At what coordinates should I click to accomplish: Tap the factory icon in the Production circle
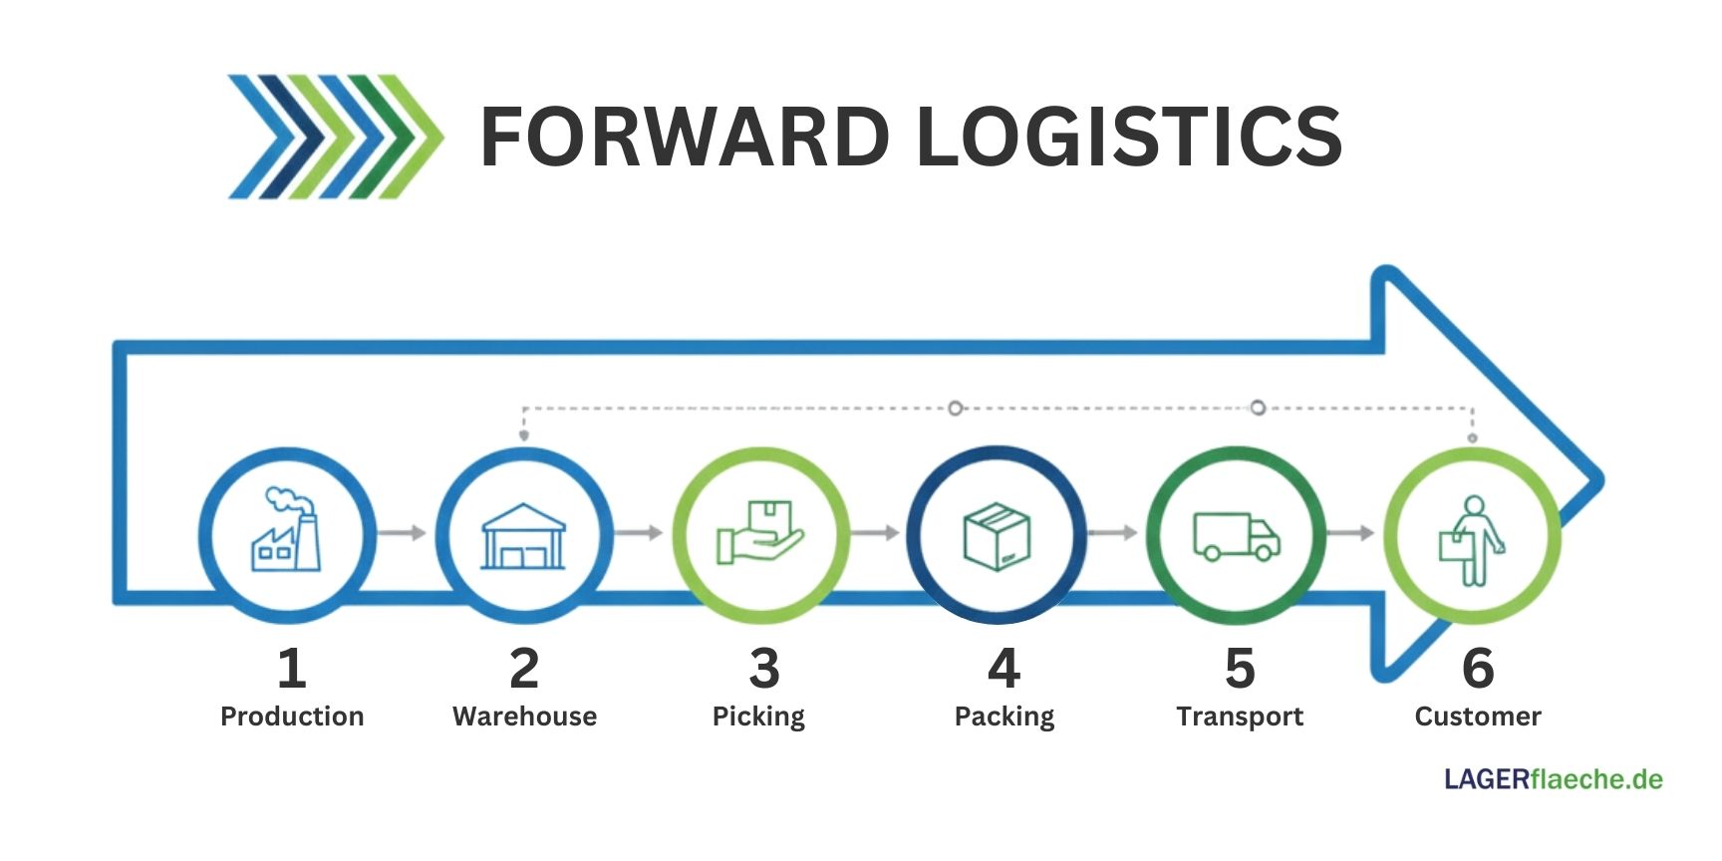[x=286, y=532]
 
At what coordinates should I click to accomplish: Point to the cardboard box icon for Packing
[x=997, y=536]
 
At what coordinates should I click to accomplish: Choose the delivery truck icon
[x=1236, y=536]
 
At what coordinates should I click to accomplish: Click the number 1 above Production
[x=291, y=668]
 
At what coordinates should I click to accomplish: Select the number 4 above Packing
[x=1004, y=668]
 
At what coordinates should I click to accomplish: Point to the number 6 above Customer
[x=1478, y=668]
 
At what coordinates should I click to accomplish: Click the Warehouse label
[x=524, y=717]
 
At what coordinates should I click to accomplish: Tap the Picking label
[x=758, y=717]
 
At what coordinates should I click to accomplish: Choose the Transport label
[x=1240, y=717]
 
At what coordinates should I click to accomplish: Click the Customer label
[x=1478, y=717]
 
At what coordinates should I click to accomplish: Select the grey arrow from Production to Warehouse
[x=403, y=533]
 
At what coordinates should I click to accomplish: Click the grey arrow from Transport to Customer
[x=1351, y=533]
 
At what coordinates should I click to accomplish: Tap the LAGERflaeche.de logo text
[x=1553, y=779]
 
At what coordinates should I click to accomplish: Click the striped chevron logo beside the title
[x=335, y=137]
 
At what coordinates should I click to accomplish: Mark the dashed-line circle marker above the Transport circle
[x=1258, y=408]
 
